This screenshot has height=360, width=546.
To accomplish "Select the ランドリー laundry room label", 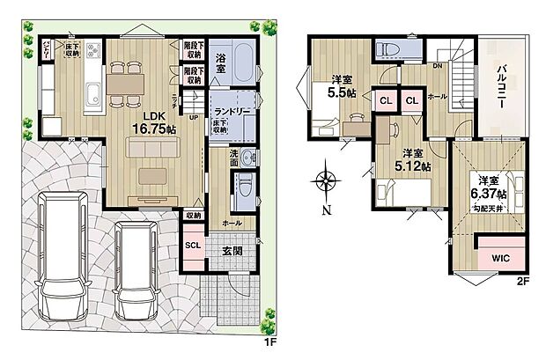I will pos(233,99).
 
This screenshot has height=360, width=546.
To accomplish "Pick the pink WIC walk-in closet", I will pos(499,259).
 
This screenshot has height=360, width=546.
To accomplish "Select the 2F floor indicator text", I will pos(521,283).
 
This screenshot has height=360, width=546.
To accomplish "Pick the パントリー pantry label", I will pos(39,43).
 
